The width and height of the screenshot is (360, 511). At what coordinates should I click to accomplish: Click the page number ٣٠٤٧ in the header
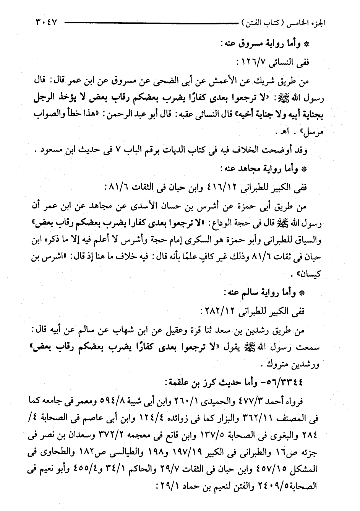[45, 22]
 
